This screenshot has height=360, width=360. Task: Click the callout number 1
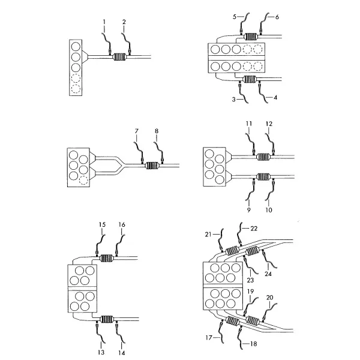click(x=104, y=22)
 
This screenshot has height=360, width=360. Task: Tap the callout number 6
click(x=277, y=17)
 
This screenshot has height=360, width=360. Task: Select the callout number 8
click(x=157, y=131)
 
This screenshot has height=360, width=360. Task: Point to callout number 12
click(x=269, y=124)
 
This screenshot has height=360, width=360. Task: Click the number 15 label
click(x=102, y=224)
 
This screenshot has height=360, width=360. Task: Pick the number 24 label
click(x=268, y=274)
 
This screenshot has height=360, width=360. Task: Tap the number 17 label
click(x=209, y=338)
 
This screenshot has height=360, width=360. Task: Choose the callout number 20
click(x=270, y=298)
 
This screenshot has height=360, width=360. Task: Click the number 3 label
click(x=234, y=100)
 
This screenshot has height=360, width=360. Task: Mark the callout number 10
click(x=269, y=210)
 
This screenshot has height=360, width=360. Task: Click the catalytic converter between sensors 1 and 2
click(x=119, y=57)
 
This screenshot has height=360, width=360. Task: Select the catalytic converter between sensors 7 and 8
click(x=152, y=166)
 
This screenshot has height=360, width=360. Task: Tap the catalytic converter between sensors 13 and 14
click(x=107, y=319)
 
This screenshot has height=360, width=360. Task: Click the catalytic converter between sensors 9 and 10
click(x=263, y=176)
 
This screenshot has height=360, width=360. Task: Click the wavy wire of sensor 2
click(x=126, y=41)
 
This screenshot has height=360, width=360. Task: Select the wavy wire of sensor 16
click(x=121, y=244)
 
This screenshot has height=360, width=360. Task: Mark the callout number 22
click(x=254, y=229)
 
